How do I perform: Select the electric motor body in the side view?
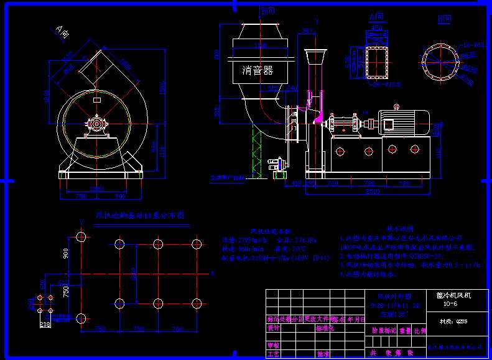(404, 121)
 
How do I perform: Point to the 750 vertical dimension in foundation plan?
(67, 290)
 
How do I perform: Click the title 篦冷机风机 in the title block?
(449, 296)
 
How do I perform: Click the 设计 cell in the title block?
(273, 327)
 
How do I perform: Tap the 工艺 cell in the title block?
(273, 353)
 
